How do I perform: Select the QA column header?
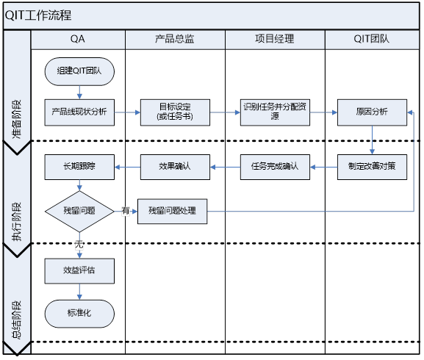click(77, 39)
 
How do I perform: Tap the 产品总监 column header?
click(175, 39)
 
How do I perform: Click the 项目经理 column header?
click(274, 39)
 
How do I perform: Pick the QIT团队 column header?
click(373, 39)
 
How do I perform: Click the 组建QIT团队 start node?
click(79, 71)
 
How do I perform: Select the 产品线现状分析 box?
click(79, 112)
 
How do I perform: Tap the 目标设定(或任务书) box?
click(175, 112)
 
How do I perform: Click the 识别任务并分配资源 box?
click(274, 112)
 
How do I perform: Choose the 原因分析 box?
click(372, 112)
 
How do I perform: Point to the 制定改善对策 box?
click(372, 167)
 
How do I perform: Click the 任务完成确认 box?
click(274, 167)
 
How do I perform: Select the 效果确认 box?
click(175, 167)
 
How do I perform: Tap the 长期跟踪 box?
click(79, 167)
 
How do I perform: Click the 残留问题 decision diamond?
click(79, 211)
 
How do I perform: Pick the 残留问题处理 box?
click(172, 212)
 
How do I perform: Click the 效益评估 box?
click(79, 270)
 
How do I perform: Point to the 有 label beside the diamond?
click(126, 211)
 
